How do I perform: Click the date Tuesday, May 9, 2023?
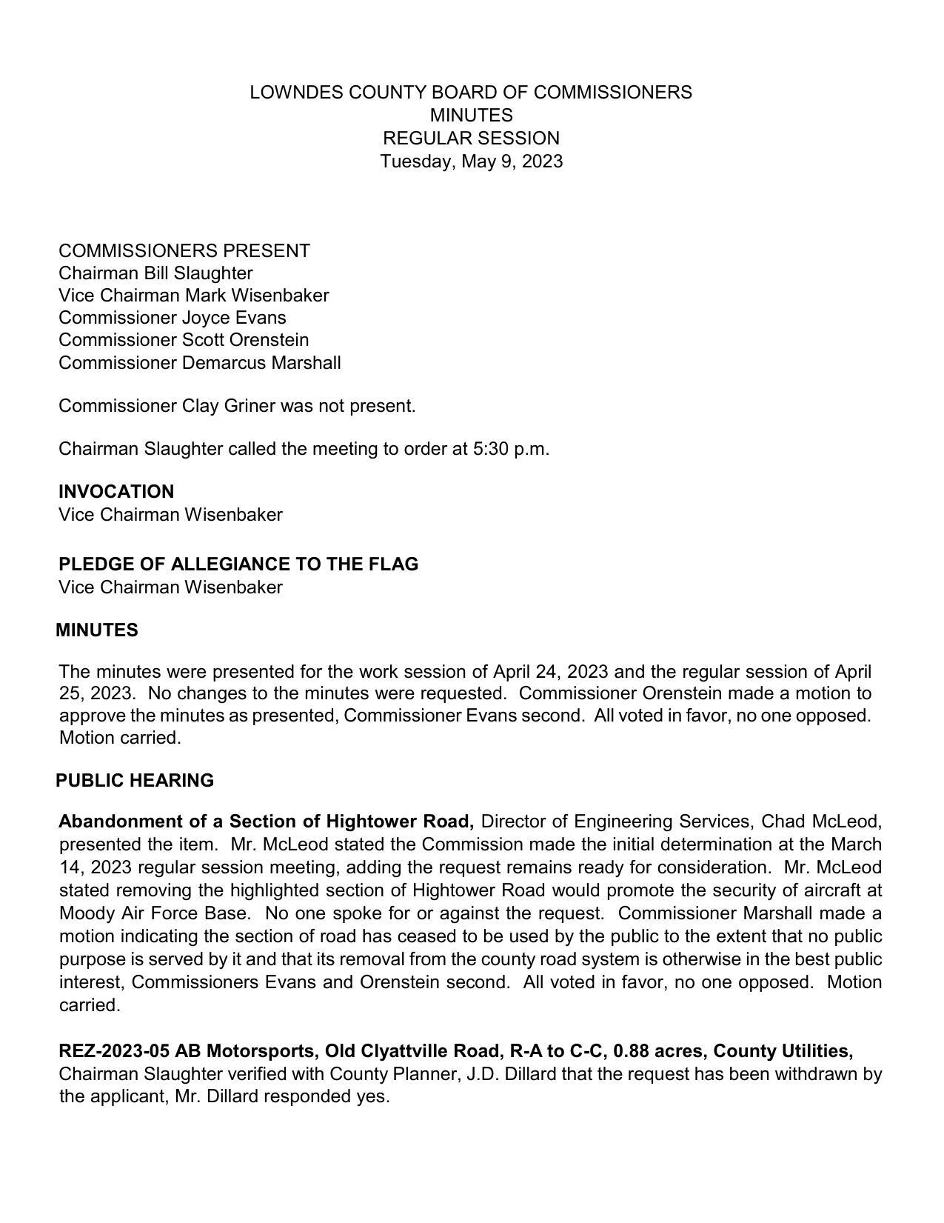[x=471, y=161]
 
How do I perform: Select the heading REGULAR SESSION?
[x=471, y=139]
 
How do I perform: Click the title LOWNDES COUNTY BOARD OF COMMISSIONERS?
[x=471, y=93]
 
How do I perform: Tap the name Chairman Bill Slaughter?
[x=155, y=273]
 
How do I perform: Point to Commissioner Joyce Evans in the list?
[x=172, y=318]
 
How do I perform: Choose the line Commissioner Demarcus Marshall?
[x=199, y=363]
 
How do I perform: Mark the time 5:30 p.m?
[x=510, y=449]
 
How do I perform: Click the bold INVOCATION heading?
[x=116, y=492]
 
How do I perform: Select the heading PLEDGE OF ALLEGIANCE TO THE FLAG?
[x=238, y=564]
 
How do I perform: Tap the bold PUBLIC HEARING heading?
[x=135, y=781]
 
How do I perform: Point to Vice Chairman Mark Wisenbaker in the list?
[x=193, y=296]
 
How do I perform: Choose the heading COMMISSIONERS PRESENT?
[x=184, y=251]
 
